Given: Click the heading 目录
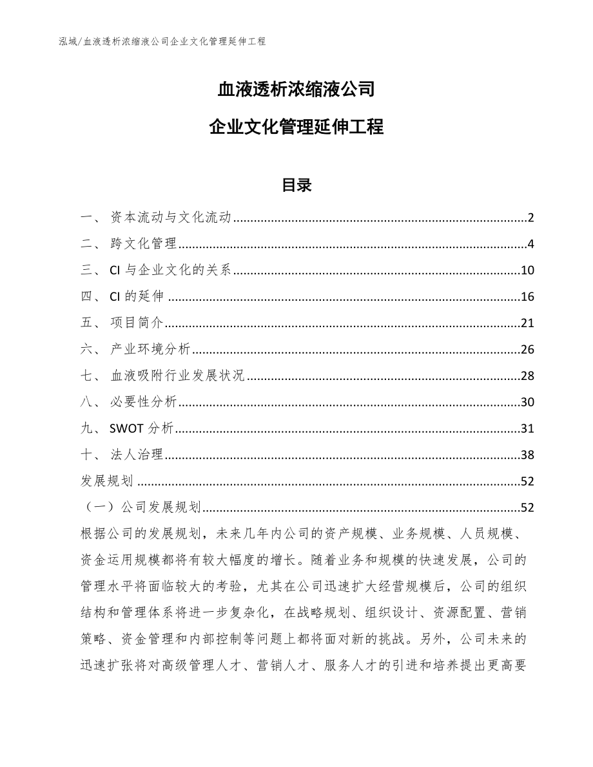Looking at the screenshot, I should pyautogui.click(x=296, y=185).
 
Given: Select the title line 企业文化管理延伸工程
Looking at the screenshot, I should pyautogui.click(x=296, y=128).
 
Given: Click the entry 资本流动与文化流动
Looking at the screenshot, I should pyautogui.click(x=171, y=218).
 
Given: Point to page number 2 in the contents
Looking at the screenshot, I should pyautogui.click(x=530, y=218).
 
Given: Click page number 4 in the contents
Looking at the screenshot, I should pyautogui.click(x=530, y=244).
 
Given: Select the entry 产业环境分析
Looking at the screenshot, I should pyautogui.click(x=150, y=350).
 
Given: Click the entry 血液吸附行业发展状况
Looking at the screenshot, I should pyautogui.click(x=177, y=376).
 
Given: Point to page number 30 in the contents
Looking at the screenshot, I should pyautogui.click(x=527, y=402).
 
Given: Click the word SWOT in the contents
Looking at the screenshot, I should pyautogui.click(x=126, y=429).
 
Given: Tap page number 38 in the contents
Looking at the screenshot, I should pyautogui.click(x=527, y=455).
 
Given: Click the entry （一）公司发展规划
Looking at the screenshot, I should pyautogui.click(x=141, y=507).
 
